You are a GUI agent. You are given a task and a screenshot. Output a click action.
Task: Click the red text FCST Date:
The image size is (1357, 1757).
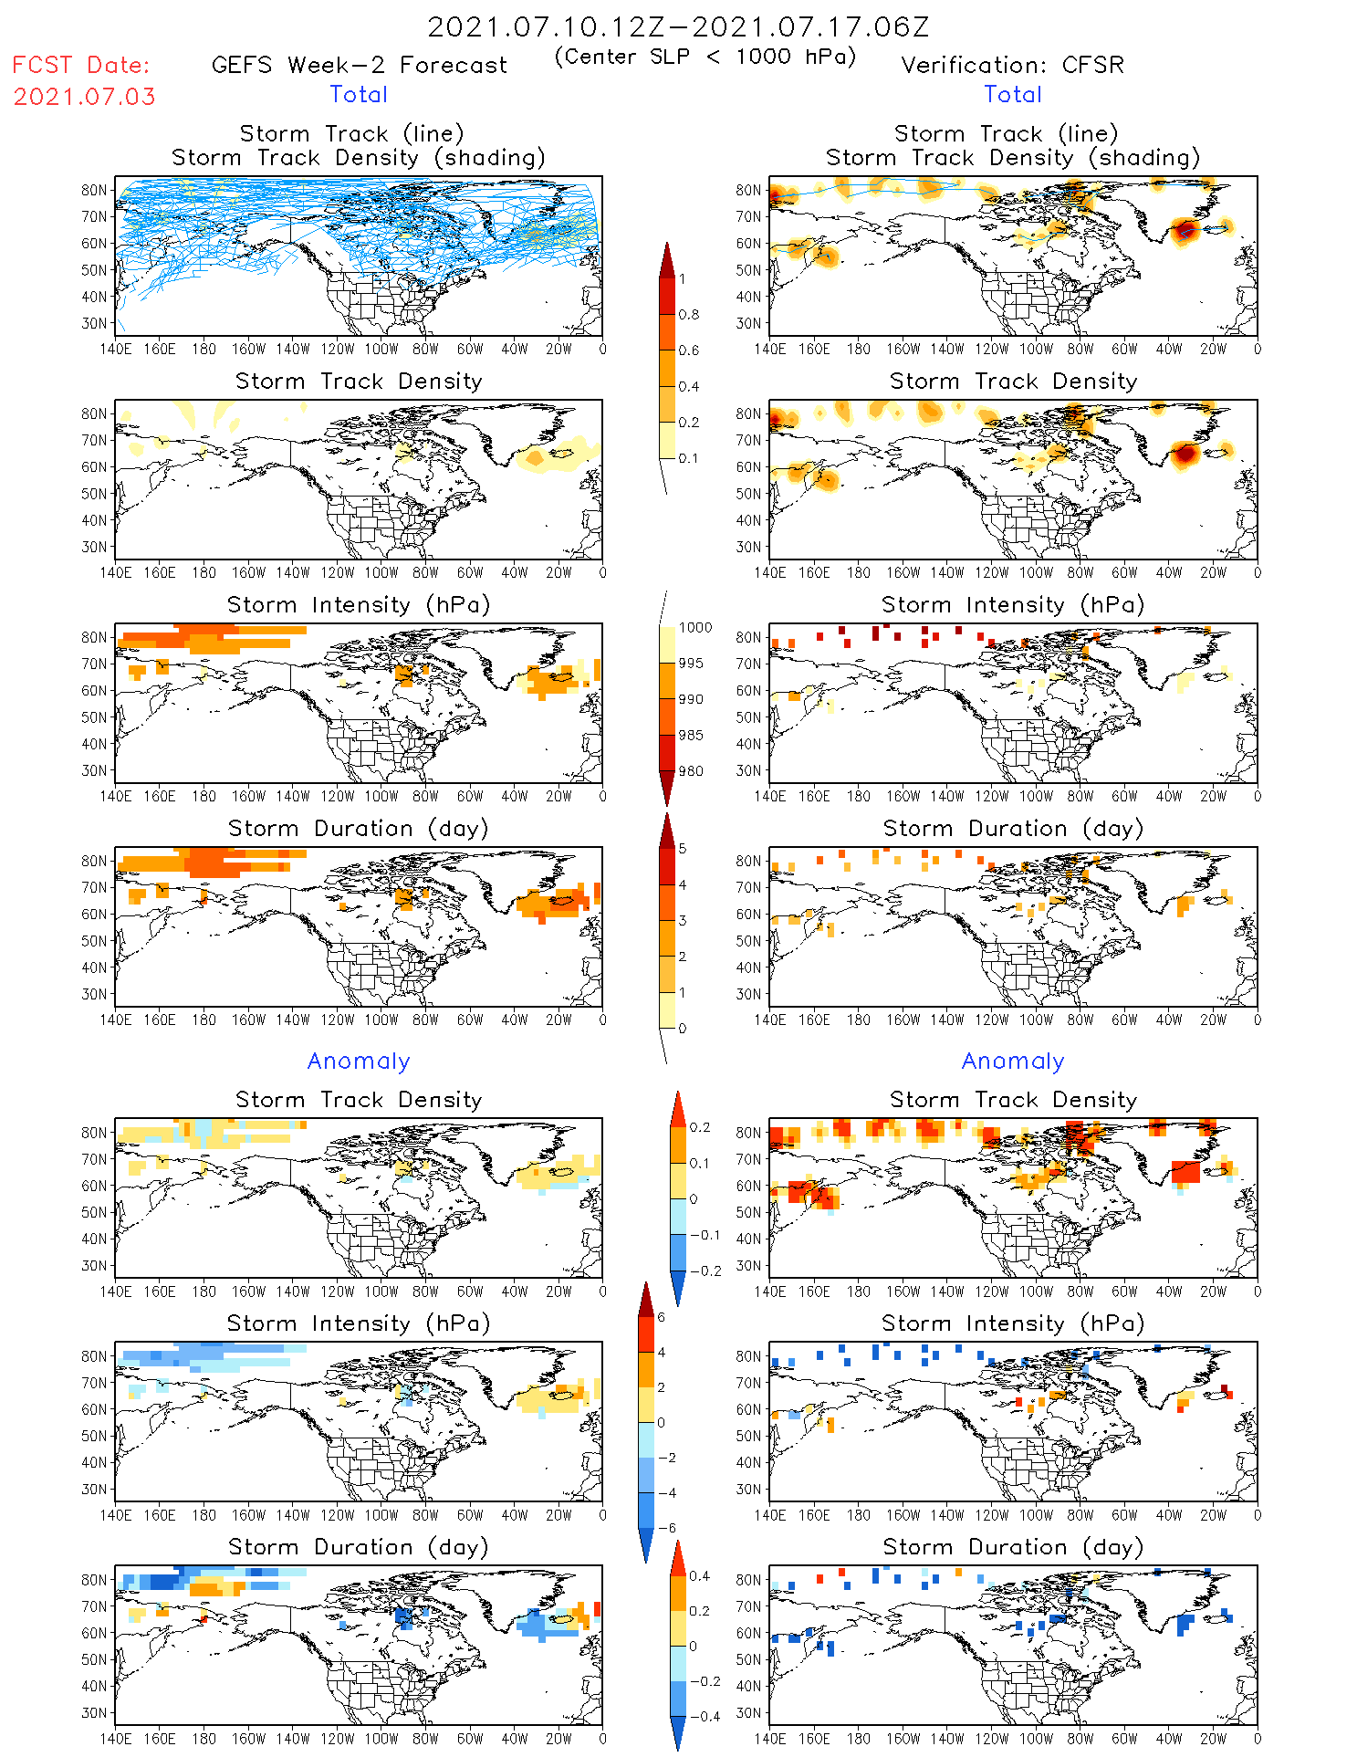(x=81, y=66)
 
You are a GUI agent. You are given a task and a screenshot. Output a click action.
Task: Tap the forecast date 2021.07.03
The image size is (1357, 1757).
(x=85, y=97)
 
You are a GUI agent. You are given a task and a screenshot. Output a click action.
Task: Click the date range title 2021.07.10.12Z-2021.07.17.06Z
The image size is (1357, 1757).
(x=678, y=27)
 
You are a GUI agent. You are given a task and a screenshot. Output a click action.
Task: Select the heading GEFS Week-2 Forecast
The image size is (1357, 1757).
(x=359, y=66)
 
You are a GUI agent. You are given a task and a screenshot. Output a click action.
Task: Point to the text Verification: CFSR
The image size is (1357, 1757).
(x=1012, y=66)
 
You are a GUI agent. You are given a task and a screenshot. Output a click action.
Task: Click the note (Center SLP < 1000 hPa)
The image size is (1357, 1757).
(x=705, y=57)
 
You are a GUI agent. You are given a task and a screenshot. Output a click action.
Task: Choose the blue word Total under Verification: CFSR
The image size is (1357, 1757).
(x=1012, y=95)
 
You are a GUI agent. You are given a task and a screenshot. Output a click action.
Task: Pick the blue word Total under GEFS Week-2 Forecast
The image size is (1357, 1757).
(x=359, y=95)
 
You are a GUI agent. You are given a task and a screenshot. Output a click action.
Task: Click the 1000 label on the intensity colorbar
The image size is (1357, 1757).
(x=694, y=628)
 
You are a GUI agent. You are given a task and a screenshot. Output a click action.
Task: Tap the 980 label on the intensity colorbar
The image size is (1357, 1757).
(x=691, y=771)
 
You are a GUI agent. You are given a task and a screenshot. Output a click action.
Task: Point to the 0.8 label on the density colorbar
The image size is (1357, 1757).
(x=689, y=315)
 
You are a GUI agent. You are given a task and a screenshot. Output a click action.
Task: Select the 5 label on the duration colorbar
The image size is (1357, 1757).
(x=683, y=849)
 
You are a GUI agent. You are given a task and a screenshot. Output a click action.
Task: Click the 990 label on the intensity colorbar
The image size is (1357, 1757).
(x=691, y=699)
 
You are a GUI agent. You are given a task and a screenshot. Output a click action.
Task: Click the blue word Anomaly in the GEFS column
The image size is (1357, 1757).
(x=359, y=1062)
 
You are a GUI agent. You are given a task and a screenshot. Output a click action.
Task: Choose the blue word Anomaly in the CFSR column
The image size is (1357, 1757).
(x=1012, y=1062)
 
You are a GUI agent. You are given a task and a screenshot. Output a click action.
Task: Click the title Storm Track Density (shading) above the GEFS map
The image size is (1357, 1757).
(x=359, y=158)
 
